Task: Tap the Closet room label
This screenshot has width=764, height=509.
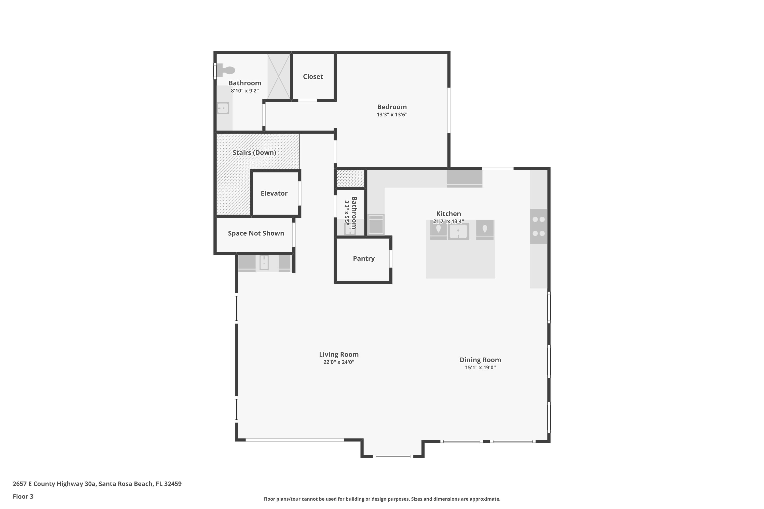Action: tap(313, 77)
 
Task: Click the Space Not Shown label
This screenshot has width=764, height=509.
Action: tap(256, 233)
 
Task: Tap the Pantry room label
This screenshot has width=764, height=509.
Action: tap(363, 258)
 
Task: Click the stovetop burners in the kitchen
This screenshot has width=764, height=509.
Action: tap(538, 226)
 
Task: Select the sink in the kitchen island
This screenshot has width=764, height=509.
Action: tap(458, 231)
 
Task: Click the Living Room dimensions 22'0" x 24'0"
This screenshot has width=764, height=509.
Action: tap(338, 362)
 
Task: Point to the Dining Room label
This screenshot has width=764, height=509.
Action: tap(480, 360)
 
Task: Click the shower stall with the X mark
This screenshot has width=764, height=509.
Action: tap(278, 77)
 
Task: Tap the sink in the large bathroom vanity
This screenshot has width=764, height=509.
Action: tap(223, 108)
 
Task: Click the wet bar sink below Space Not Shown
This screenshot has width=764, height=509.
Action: tap(264, 263)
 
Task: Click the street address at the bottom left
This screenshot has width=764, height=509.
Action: tap(97, 484)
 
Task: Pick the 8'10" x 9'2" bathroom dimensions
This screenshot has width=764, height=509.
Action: tap(244, 91)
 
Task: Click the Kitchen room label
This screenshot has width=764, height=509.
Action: tap(448, 214)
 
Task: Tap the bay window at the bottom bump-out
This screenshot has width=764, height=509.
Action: tap(393, 456)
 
